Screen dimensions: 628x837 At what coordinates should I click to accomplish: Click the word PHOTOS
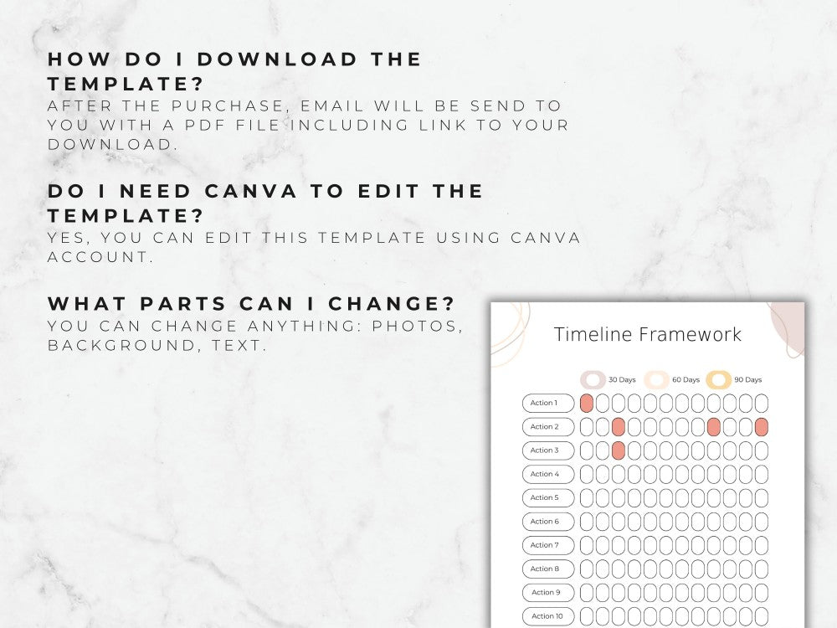point(418,326)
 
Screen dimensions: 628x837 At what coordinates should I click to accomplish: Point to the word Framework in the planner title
point(690,335)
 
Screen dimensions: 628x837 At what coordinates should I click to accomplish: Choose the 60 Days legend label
point(686,379)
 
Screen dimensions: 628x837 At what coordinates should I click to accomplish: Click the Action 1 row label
point(548,403)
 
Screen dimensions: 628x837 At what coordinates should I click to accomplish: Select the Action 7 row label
point(548,545)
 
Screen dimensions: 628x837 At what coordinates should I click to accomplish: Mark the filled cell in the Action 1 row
point(587,403)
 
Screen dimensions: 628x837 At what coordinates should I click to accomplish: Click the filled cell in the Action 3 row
point(619,450)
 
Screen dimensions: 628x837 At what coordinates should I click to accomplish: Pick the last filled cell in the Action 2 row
point(762,427)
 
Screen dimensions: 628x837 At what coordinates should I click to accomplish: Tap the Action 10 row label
point(548,616)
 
